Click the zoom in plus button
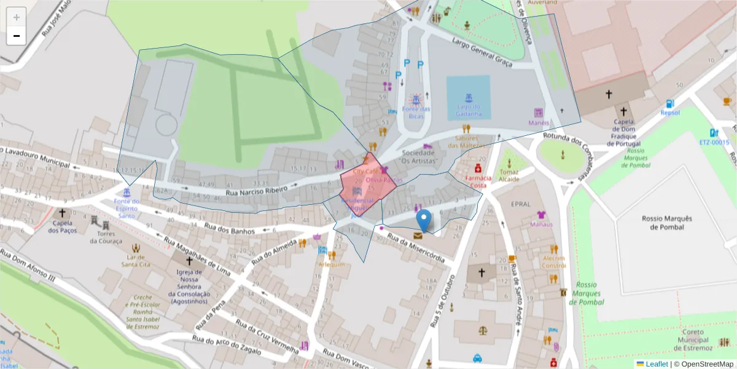(16, 17)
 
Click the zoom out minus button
(16, 36)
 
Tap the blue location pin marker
(423, 221)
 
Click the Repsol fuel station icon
(669, 103)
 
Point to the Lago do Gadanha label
(469, 111)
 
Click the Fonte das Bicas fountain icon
(416, 99)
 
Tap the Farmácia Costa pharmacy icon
(478, 168)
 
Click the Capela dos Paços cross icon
(62, 213)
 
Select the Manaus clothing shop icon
(541, 215)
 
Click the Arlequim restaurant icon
(332, 255)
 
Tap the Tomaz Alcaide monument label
(509, 175)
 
